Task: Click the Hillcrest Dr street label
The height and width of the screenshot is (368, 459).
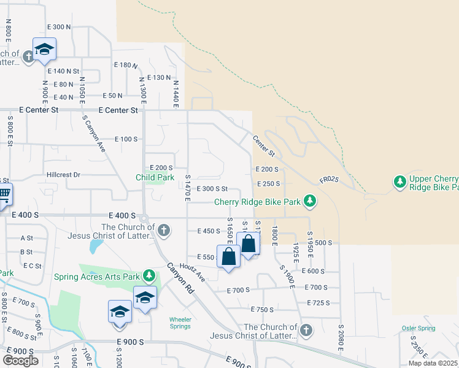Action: coord(63,175)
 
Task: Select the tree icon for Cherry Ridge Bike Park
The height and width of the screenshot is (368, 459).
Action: coord(310,201)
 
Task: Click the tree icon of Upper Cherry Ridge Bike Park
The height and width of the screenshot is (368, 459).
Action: coord(400,182)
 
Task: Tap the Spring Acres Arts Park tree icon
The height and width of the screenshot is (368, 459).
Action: coord(148,275)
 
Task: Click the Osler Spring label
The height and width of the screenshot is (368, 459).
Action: coord(418,328)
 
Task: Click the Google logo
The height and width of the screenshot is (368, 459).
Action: coord(20,361)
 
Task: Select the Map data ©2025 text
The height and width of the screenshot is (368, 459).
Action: coord(433,363)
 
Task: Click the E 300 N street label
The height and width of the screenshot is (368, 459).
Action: coord(59,27)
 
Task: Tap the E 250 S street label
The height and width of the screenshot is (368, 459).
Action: coord(269,183)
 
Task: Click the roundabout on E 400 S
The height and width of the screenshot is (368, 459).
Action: coord(144,218)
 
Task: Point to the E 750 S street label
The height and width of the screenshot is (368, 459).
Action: coord(261,310)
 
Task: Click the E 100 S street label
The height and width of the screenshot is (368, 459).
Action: coord(126,139)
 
